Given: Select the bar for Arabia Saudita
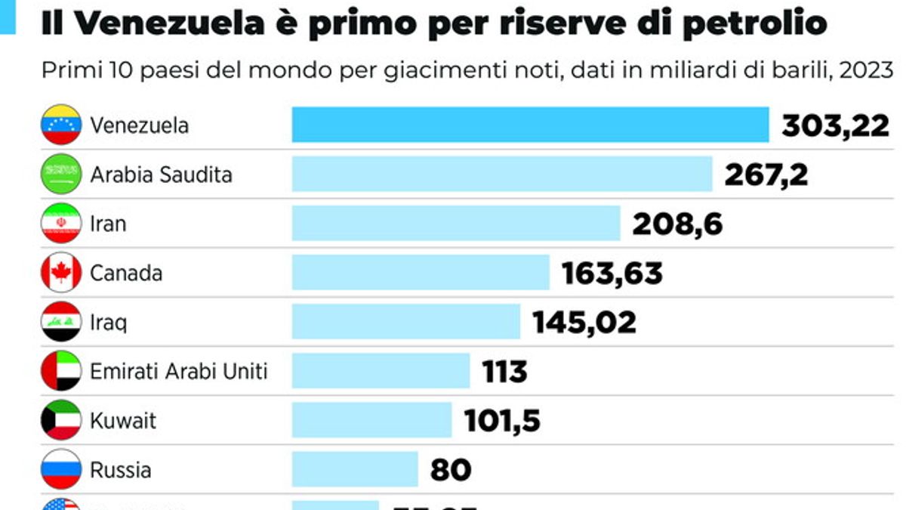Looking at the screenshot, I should (502, 174).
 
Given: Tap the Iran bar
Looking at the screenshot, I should (456, 223).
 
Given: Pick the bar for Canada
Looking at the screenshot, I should (421, 272).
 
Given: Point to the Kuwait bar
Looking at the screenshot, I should (371, 420).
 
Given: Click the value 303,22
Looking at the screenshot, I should (835, 125).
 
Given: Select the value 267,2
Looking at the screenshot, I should (766, 175).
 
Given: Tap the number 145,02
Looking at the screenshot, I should (584, 322).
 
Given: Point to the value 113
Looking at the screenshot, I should (504, 372).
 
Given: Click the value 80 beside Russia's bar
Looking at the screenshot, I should (451, 470).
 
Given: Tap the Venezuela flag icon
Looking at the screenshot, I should (61, 125).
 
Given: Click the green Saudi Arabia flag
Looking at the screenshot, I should (61, 174).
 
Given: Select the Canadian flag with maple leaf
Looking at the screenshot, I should (61, 272).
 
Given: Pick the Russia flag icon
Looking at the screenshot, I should (61, 469).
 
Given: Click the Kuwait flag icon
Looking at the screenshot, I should (61, 420).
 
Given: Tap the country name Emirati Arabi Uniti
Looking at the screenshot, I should (178, 371).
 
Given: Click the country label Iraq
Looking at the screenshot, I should (108, 322).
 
